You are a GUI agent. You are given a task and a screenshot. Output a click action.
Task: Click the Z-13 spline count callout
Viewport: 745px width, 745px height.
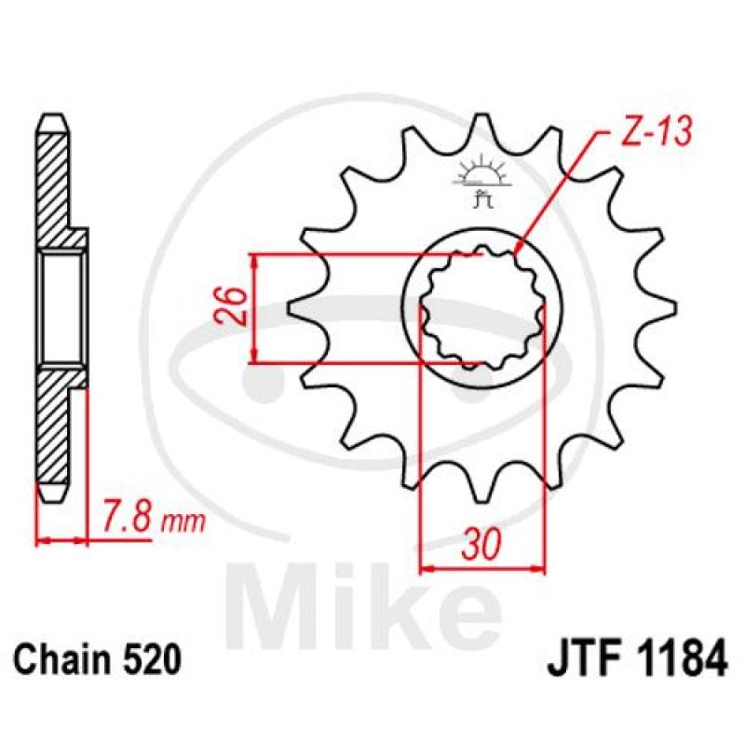[x=656, y=130]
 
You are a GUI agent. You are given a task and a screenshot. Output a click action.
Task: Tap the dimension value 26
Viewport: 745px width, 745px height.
[x=231, y=305]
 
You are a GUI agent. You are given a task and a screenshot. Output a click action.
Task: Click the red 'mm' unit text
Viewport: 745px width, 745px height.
[x=183, y=522]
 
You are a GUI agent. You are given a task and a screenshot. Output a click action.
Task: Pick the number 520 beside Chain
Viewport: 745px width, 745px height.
[x=152, y=659]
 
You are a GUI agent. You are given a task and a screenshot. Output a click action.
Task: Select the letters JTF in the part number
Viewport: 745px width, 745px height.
[x=583, y=658]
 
